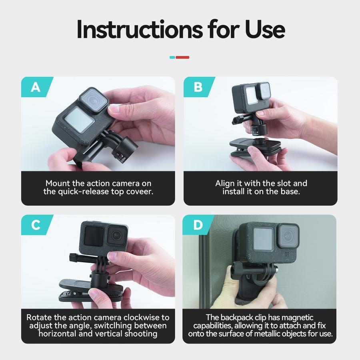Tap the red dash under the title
click(182, 57)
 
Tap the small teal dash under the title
click(172, 57)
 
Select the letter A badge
click(36, 87)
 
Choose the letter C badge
click(36, 225)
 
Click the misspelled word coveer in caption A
click(140, 192)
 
